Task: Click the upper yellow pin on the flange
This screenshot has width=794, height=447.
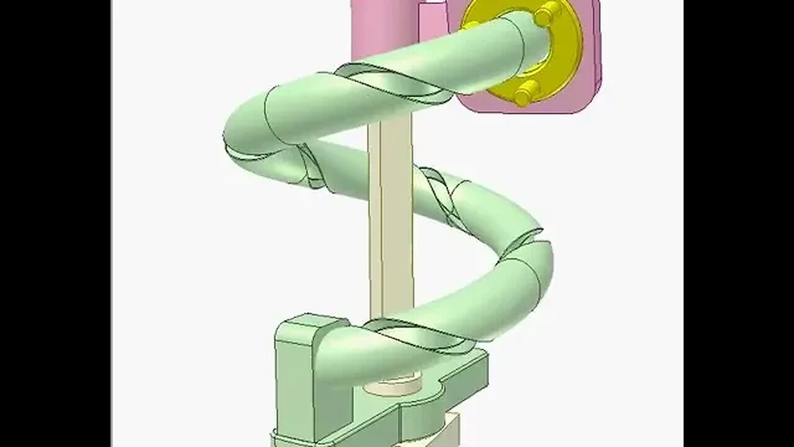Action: click(x=548, y=12)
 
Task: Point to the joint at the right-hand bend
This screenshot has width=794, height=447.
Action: click(x=527, y=245)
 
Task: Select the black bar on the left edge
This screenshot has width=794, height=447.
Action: click(x=55, y=223)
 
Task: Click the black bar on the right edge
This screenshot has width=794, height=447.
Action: click(x=738, y=223)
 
